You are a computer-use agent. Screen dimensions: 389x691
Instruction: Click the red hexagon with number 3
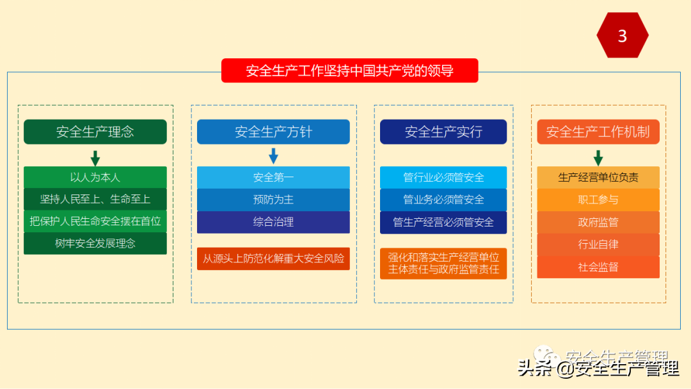(622, 36)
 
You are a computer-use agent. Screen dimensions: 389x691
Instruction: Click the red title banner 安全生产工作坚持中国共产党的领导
(349, 70)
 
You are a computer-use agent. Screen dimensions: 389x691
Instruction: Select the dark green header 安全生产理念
(95, 132)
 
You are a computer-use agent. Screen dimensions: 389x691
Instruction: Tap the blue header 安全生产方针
(273, 132)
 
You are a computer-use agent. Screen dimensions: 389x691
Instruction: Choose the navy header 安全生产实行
(443, 132)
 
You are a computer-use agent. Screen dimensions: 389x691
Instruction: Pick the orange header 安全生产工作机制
(598, 132)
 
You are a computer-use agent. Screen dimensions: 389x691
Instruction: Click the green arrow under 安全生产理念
(95, 157)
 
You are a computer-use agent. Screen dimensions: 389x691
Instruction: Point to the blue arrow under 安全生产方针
(273, 155)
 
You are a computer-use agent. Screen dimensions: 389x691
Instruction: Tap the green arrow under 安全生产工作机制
(598, 157)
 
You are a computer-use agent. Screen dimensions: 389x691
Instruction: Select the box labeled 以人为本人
(95, 177)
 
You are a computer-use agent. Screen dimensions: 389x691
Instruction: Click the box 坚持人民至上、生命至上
(95, 199)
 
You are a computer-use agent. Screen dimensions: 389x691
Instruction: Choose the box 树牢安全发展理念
(95, 243)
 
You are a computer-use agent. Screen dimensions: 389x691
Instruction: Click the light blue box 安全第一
(273, 177)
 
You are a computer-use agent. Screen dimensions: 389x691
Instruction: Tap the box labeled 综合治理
(273, 222)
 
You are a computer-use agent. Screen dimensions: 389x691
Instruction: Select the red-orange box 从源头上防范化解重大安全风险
(273, 258)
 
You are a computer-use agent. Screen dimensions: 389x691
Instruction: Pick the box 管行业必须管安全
(443, 177)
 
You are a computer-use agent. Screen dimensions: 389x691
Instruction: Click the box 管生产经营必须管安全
(443, 222)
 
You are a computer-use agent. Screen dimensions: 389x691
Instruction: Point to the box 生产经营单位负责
(598, 177)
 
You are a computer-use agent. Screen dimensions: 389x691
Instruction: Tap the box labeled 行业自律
(598, 244)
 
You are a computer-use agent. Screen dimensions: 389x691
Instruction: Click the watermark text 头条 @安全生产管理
(598, 369)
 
